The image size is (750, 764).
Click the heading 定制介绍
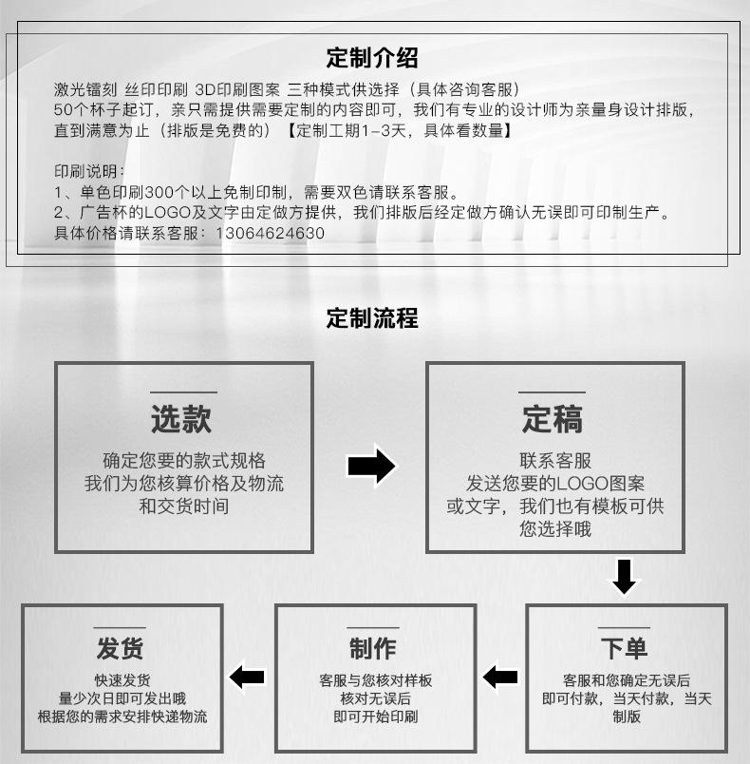372,58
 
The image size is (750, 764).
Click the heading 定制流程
372,317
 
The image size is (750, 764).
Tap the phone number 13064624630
271,233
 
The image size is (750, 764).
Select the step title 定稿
553,418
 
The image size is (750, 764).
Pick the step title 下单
624,649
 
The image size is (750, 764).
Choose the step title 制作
373,649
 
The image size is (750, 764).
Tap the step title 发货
121,649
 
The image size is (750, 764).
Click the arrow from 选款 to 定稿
371,466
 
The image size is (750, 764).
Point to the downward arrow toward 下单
624,576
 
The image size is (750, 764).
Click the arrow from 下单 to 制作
499,677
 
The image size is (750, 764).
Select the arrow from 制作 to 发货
248,677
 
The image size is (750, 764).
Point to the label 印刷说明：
89,171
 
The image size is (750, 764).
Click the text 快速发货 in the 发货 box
122,680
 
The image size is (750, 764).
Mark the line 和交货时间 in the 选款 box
184,506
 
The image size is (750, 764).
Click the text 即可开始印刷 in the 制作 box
375,716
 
